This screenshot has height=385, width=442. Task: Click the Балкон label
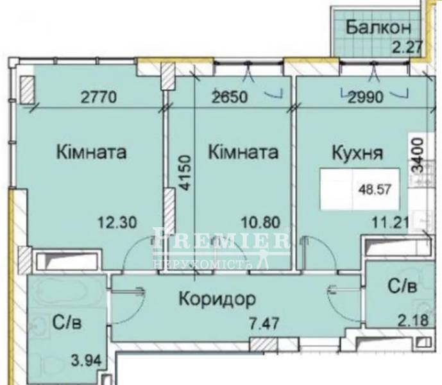[378, 28]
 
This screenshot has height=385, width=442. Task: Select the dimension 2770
[98, 98]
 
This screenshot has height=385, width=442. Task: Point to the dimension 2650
[230, 98]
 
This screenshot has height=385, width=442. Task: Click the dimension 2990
[366, 98]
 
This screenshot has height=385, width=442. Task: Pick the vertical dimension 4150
[186, 173]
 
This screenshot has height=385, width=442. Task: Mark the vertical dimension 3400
[418, 155]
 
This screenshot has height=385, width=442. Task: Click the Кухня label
[357, 153]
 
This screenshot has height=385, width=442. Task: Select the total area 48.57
[375, 189]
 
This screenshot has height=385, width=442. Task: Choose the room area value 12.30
[117, 222]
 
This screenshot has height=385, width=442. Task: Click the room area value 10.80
[260, 222]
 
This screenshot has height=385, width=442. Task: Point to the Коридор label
[217, 300]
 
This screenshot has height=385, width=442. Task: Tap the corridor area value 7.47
[264, 324]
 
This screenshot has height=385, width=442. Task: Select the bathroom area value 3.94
[86, 361]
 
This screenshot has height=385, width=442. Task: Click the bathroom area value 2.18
[413, 320]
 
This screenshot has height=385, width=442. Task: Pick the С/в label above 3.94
[67, 322]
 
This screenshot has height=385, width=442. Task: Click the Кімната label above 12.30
[91, 152]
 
